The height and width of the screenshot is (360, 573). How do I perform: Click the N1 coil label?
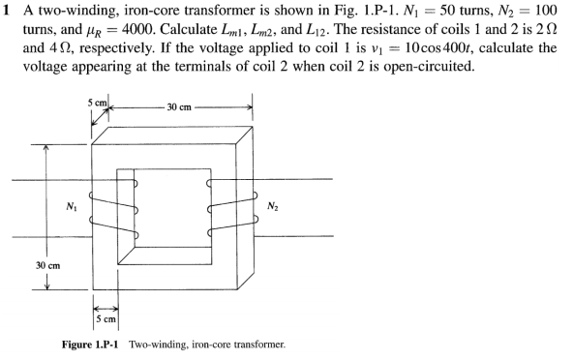click(x=69, y=206)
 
